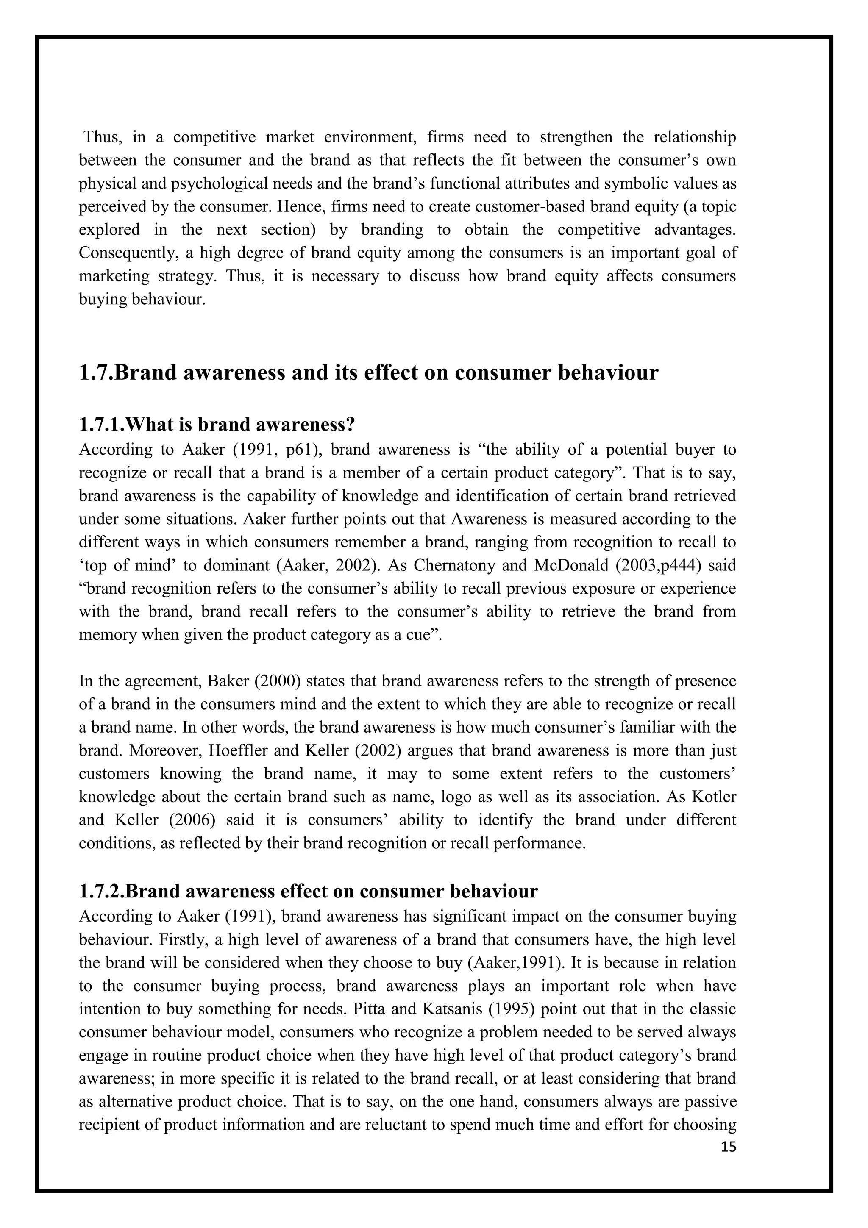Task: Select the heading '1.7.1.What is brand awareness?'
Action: point(217,424)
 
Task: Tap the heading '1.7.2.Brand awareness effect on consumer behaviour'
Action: point(308,891)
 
